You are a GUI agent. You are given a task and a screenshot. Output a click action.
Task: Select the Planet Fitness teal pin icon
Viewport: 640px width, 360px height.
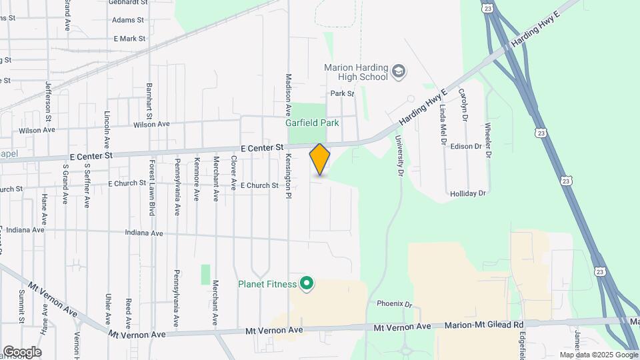pyautogui.click(x=307, y=285)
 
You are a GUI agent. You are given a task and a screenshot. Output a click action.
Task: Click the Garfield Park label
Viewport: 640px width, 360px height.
pyautogui.click(x=312, y=123)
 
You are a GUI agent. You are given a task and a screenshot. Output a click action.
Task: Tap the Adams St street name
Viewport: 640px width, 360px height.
pyautogui.click(x=128, y=21)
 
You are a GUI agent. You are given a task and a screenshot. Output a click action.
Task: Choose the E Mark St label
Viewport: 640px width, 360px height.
pyautogui.click(x=129, y=39)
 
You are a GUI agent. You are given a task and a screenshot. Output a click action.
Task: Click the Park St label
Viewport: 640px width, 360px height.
pyautogui.click(x=341, y=94)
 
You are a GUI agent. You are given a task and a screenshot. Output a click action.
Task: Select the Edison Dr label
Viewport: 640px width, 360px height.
pyautogui.click(x=466, y=146)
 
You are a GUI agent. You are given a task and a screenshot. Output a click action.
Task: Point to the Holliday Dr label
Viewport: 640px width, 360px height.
pyautogui.click(x=469, y=193)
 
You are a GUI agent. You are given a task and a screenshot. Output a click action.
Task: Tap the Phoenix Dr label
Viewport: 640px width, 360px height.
pyautogui.click(x=395, y=303)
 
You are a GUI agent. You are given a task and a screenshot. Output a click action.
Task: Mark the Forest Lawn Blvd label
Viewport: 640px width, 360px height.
pyautogui.click(x=152, y=187)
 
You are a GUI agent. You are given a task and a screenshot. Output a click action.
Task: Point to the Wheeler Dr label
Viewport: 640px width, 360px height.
pyautogui.click(x=488, y=140)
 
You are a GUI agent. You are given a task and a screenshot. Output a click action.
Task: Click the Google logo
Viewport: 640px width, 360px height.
pyautogui.click(x=22, y=352)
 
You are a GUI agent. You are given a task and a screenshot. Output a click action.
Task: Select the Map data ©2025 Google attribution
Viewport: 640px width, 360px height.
pyautogui.click(x=598, y=355)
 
